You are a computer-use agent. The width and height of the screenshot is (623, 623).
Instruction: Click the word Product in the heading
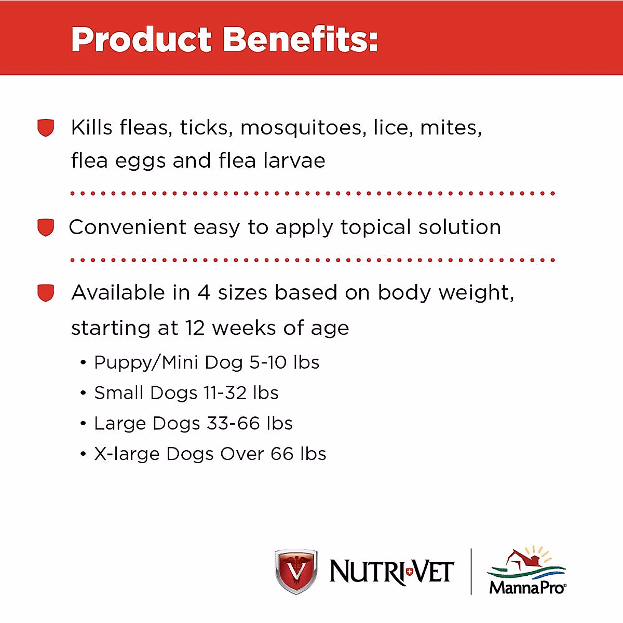(141, 39)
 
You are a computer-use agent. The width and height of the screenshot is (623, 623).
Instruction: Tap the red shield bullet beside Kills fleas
(46, 128)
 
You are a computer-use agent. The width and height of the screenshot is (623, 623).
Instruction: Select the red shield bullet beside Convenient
(46, 227)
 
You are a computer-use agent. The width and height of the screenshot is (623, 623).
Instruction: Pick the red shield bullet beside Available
(46, 293)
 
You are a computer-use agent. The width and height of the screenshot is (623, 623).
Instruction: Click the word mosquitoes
(303, 129)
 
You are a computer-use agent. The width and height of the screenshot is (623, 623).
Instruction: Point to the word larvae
(294, 160)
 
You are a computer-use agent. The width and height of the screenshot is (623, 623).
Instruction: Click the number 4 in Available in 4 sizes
(204, 293)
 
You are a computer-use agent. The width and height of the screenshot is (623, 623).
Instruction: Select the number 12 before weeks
(195, 328)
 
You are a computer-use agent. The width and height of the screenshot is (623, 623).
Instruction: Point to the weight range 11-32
(225, 393)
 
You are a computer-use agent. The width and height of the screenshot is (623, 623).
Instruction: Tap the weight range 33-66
(234, 424)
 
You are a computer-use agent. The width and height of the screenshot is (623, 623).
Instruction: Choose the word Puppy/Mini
(146, 363)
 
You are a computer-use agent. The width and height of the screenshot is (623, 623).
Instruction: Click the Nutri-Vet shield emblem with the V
(296, 571)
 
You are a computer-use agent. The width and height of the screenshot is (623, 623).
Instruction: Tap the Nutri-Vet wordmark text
(392, 572)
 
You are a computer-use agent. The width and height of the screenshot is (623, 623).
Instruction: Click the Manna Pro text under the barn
(527, 587)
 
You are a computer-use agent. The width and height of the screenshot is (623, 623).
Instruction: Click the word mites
(451, 128)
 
